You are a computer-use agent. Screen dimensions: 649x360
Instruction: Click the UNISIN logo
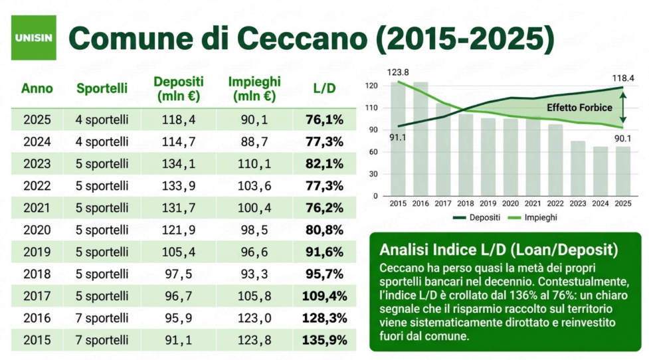[x=33, y=38]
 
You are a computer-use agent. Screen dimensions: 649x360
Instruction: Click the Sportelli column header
[x=102, y=88]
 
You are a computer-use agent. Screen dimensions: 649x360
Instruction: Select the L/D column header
[x=324, y=88]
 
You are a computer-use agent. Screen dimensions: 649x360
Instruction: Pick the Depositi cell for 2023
[x=179, y=164]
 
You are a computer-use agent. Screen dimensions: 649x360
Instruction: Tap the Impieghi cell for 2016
[x=254, y=318]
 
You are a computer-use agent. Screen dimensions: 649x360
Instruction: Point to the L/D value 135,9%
[x=324, y=340]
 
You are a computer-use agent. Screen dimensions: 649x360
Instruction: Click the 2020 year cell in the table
[x=37, y=230]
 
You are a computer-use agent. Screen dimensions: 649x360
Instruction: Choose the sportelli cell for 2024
[x=102, y=142]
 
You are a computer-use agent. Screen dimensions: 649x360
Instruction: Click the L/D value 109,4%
[x=324, y=296]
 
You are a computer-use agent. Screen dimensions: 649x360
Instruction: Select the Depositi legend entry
[x=477, y=218]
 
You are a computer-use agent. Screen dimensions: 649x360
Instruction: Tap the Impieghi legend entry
[x=532, y=218]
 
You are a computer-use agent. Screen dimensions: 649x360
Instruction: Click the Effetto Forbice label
[x=579, y=108]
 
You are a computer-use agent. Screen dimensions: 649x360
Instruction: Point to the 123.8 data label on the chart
[x=398, y=72]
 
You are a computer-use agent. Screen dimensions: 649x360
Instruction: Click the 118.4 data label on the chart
[x=623, y=78]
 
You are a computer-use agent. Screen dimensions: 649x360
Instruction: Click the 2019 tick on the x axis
[x=488, y=204]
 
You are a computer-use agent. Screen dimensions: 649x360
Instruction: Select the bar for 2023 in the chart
[x=578, y=169]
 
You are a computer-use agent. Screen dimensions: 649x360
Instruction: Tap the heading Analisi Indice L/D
[x=499, y=250]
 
